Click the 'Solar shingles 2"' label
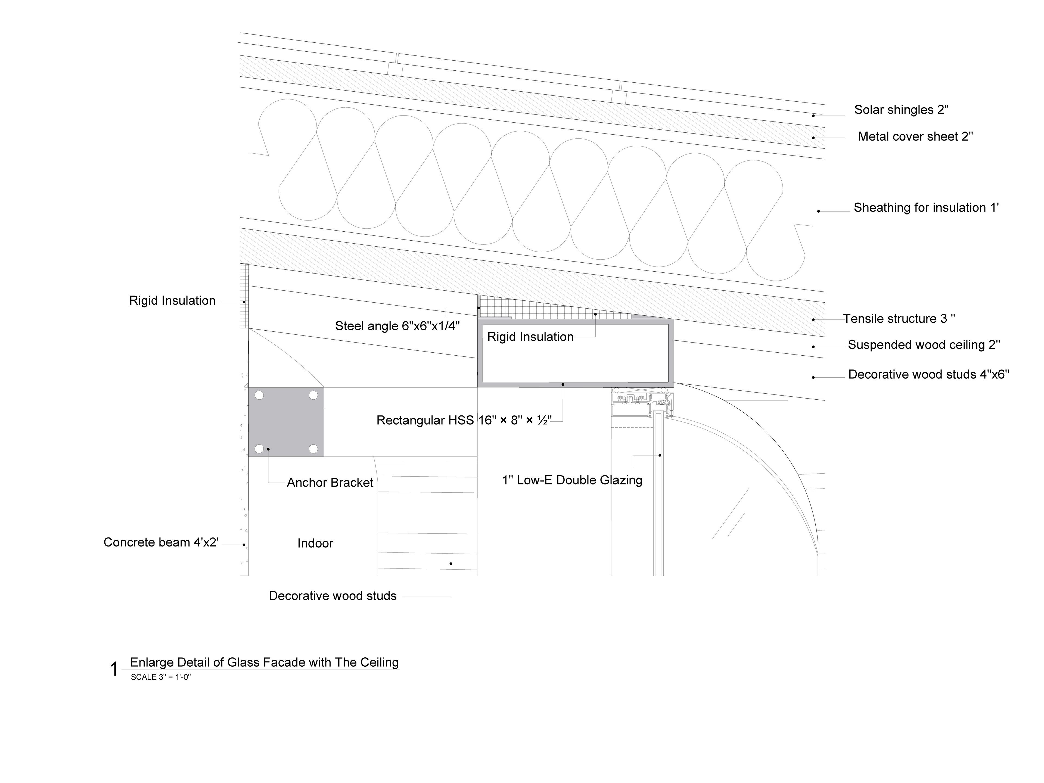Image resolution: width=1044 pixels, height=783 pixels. pyautogui.click(x=901, y=110)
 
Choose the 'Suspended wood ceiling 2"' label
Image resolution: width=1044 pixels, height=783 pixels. pyautogui.click(x=924, y=345)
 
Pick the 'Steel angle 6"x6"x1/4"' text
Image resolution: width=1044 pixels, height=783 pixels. pyautogui.click(x=397, y=326)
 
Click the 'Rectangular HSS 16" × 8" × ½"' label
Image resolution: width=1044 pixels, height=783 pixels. pyautogui.click(x=464, y=421)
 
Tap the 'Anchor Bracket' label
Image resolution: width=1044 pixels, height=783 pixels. pyautogui.click(x=330, y=483)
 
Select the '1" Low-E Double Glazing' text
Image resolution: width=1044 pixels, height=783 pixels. pyautogui.click(x=572, y=480)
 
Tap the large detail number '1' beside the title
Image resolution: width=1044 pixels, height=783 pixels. pyautogui.click(x=114, y=669)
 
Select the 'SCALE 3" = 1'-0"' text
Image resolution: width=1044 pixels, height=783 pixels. pyautogui.click(x=160, y=677)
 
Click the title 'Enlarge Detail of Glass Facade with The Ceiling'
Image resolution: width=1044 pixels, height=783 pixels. pyautogui.click(x=264, y=663)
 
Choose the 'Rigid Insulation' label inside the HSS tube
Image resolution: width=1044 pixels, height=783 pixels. pyautogui.click(x=530, y=337)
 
